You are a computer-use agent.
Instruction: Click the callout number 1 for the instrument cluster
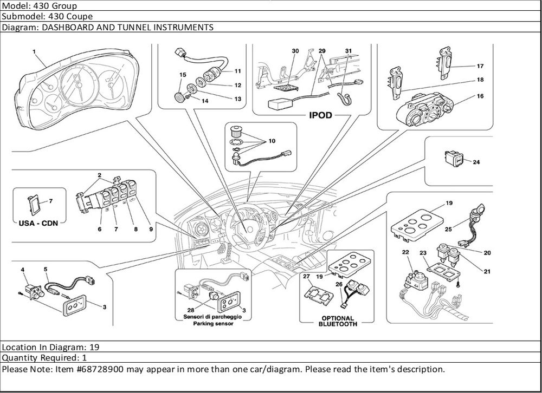[x=34, y=52]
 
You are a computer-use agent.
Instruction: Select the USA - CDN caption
[x=35, y=222]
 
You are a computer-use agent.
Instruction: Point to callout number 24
[x=476, y=162]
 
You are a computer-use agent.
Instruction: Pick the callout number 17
[x=480, y=66]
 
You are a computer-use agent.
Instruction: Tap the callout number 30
[x=295, y=51]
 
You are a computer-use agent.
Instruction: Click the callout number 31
[x=349, y=51]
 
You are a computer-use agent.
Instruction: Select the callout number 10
[x=272, y=141]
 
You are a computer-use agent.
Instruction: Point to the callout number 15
[x=183, y=74]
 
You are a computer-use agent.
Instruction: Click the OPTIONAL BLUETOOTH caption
[x=338, y=321]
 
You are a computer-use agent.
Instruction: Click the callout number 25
[x=448, y=230]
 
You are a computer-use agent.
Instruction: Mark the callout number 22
[x=405, y=252]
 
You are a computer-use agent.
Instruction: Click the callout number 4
[x=22, y=269]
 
